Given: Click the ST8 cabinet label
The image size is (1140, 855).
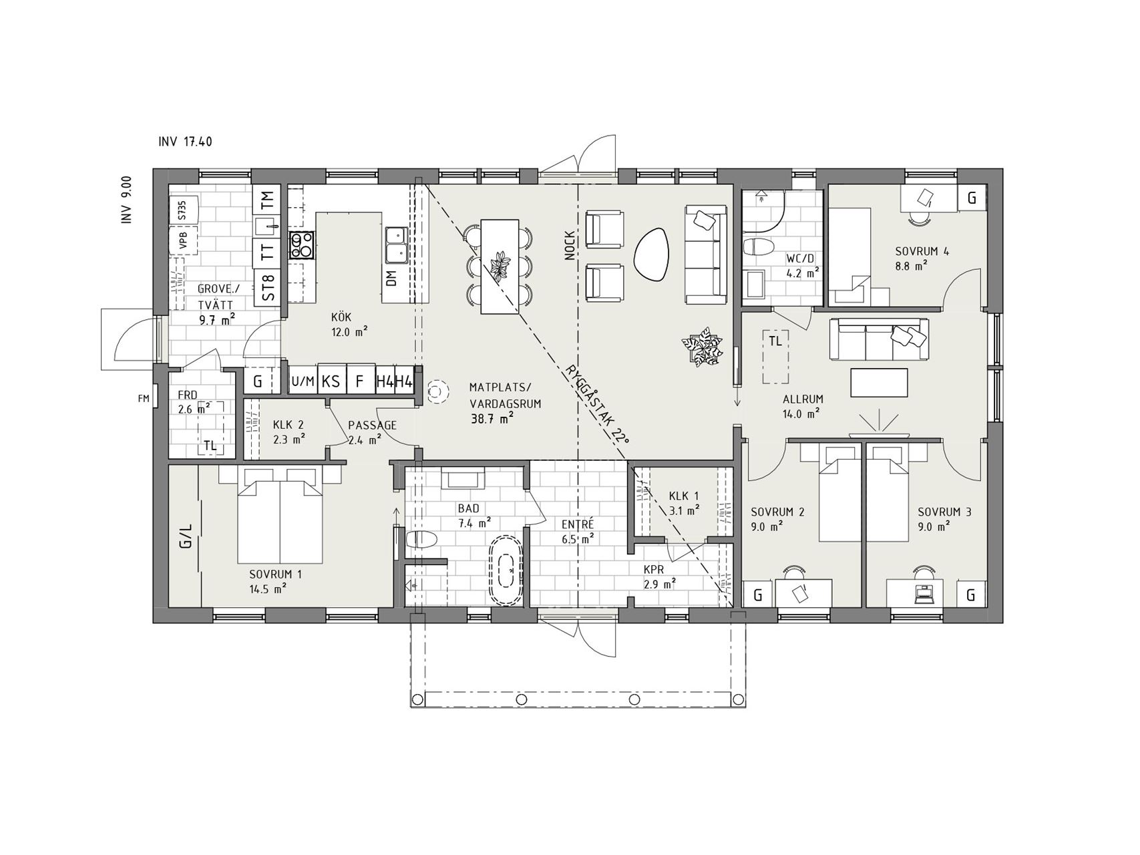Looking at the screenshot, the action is tap(268, 287).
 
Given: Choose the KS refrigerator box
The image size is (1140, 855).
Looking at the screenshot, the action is tap(331, 381).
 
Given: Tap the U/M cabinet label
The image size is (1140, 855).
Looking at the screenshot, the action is tap(303, 381).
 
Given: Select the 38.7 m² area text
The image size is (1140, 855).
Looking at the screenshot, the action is tap(491, 419).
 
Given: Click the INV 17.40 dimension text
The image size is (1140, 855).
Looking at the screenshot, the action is tap(186, 142).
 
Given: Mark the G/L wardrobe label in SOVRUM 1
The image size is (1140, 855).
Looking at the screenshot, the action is tap(186, 536).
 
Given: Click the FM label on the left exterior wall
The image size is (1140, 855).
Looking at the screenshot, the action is tap(143, 399).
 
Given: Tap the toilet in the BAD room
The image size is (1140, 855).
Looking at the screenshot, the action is tap(421, 539).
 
